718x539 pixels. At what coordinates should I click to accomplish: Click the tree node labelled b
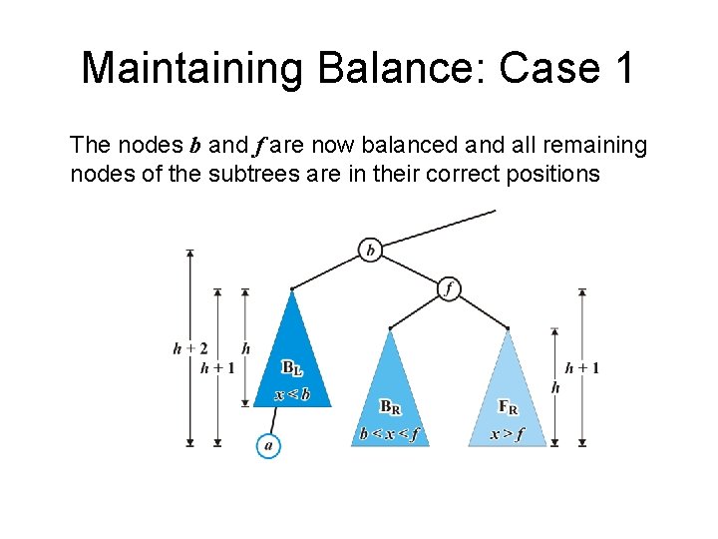[370, 250]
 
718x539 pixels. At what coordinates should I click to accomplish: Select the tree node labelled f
[449, 288]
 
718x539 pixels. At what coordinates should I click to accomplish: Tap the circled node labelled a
[267, 445]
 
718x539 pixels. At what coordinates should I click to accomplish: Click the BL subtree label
[291, 368]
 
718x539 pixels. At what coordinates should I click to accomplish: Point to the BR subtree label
[391, 407]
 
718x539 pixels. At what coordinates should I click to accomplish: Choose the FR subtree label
[508, 407]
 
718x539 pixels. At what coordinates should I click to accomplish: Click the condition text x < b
[292, 394]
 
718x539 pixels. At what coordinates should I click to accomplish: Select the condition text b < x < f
[390, 434]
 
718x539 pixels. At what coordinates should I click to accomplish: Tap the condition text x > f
[508, 434]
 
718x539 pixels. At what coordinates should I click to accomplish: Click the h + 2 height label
[189, 348]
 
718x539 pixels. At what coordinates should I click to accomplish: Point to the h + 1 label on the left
[217, 367]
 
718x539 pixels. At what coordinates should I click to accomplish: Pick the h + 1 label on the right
[582, 367]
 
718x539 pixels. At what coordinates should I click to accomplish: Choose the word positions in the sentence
[555, 174]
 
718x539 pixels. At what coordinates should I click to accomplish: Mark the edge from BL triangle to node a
[271, 421]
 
